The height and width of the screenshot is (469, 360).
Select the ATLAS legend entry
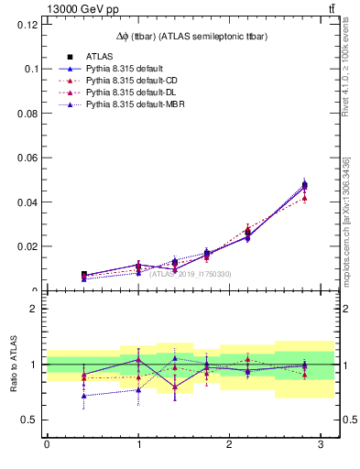99,56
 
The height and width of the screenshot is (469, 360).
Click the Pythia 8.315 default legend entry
125,69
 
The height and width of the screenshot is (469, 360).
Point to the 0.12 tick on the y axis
27,25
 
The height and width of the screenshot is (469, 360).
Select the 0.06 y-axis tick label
27,158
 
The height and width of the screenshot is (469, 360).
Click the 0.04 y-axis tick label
27,202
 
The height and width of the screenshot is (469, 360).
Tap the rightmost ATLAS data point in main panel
304,185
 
